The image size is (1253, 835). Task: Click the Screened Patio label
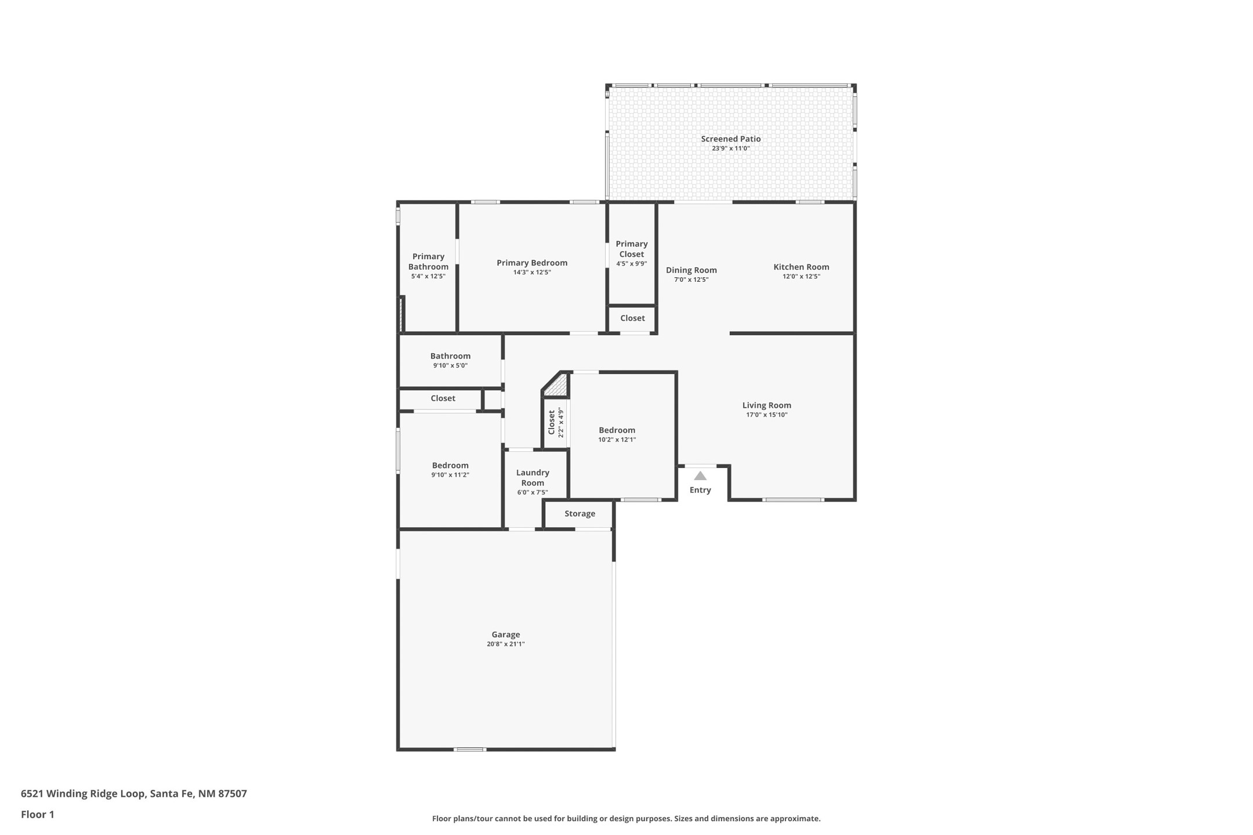pyautogui.click(x=730, y=139)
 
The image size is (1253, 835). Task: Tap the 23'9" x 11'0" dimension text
pyautogui.click(x=731, y=148)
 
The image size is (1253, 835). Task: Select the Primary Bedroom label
pyautogui.click(x=532, y=263)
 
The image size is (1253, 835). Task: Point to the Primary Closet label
pyautogui.click(x=632, y=249)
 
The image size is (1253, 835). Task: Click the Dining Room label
pyautogui.click(x=691, y=270)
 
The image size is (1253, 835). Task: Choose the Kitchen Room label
pyautogui.click(x=801, y=267)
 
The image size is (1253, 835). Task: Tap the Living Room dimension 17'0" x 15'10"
pyautogui.click(x=767, y=415)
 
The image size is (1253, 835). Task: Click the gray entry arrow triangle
pyautogui.click(x=700, y=475)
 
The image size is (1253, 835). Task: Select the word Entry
pyautogui.click(x=700, y=490)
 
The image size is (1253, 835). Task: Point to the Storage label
pyautogui.click(x=580, y=514)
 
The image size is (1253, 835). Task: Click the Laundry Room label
pyautogui.click(x=533, y=478)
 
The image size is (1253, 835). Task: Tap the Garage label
pyautogui.click(x=506, y=634)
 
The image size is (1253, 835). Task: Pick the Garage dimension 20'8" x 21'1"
pyautogui.click(x=506, y=644)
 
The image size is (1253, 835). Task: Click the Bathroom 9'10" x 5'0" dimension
pyautogui.click(x=450, y=365)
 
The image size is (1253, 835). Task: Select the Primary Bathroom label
pyautogui.click(x=428, y=262)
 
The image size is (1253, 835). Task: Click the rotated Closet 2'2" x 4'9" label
pyautogui.click(x=556, y=423)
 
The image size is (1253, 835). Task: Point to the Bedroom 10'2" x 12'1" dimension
pyautogui.click(x=617, y=440)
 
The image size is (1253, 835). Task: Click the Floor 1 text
pyautogui.click(x=38, y=814)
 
